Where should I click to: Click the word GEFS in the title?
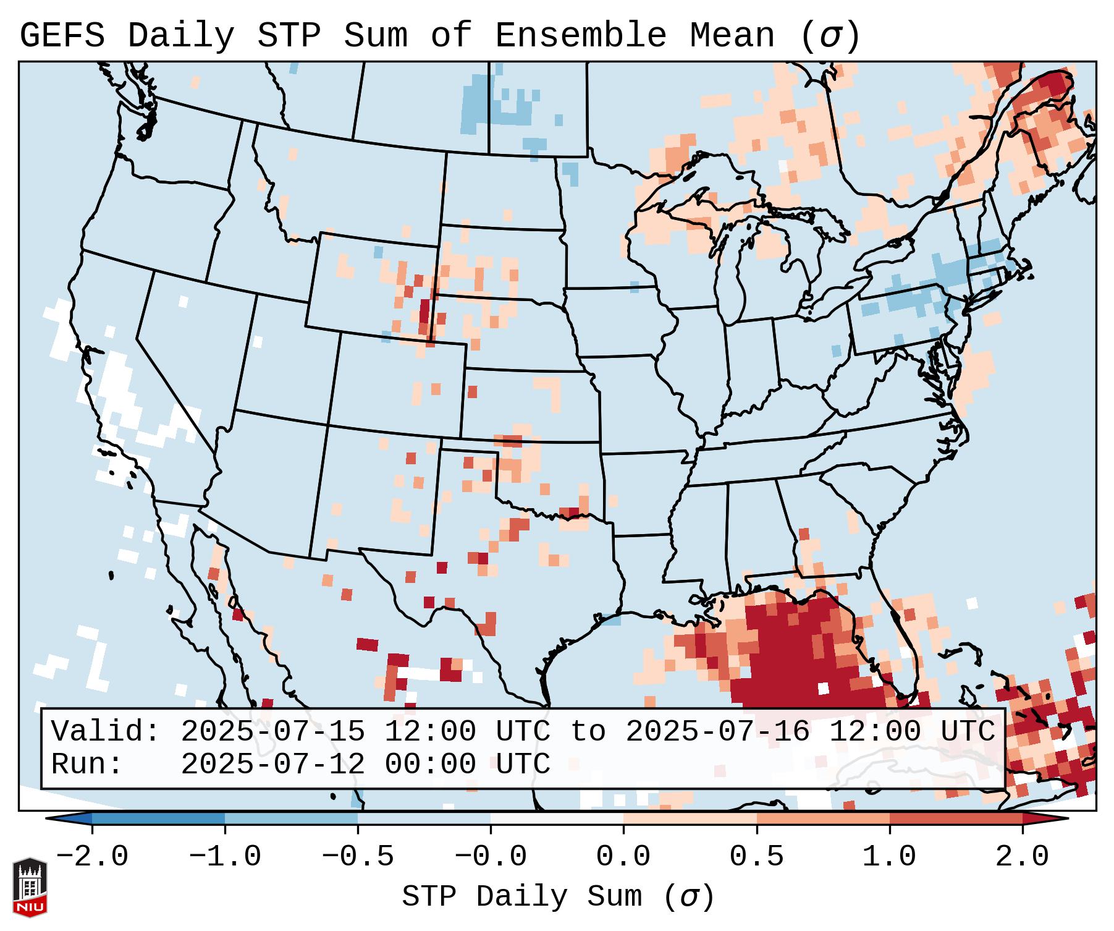click(x=62, y=36)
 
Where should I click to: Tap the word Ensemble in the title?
click(x=580, y=36)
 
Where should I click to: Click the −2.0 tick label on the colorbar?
click(x=92, y=857)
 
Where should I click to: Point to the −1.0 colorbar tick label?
click(x=225, y=857)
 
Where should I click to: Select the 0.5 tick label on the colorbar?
click(x=756, y=857)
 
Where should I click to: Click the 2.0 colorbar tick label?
click(x=1022, y=857)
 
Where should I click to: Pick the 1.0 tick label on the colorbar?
click(x=889, y=857)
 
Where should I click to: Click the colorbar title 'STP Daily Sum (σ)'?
click(x=558, y=897)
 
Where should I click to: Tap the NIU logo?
click(x=30, y=886)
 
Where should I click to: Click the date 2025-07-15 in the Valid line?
click(x=272, y=732)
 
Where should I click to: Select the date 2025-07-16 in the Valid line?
click(x=717, y=732)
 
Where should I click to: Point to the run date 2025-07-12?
click(x=272, y=765)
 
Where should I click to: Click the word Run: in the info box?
click(x=88, y=765)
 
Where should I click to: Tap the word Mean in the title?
click(x=732, y=36)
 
